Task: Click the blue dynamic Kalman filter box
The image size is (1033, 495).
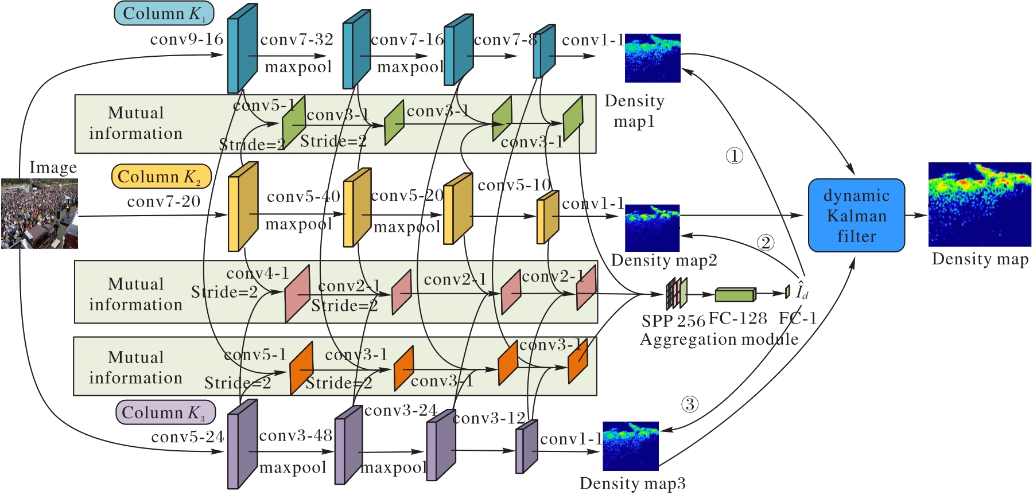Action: (x=856, y=215)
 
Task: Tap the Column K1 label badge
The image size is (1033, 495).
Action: (x=164, y=13)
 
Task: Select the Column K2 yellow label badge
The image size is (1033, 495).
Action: (x=161, y=177)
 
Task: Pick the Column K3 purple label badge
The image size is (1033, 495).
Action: (x=165, y=412)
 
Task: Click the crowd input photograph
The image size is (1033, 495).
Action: (x=40, y=213)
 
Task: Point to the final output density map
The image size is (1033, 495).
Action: (x=980, y=205)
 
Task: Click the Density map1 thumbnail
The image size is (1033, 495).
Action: (x=653, y=58)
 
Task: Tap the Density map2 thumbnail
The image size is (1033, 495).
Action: (x=652, y=228)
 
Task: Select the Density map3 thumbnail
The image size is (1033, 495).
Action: (x=631, y=446)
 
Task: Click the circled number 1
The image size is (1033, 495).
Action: (x=735, y=155)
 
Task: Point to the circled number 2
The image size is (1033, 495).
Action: (x=766, y=243)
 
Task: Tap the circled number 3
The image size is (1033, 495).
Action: (x=690, y=404)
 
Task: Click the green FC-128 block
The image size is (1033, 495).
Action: (x=735, y=294)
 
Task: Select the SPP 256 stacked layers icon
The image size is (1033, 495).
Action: (x=677, y=293)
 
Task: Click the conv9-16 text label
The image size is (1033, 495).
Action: (x=187, y=40)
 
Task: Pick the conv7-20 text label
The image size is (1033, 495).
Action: (x=164, y=202)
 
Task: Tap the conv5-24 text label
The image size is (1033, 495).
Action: (x=187, y=437)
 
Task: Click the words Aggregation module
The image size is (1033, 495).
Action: (x=719, y=340)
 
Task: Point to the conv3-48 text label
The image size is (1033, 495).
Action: (x=296, y=436)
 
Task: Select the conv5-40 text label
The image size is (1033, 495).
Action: (x=304, y=197)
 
